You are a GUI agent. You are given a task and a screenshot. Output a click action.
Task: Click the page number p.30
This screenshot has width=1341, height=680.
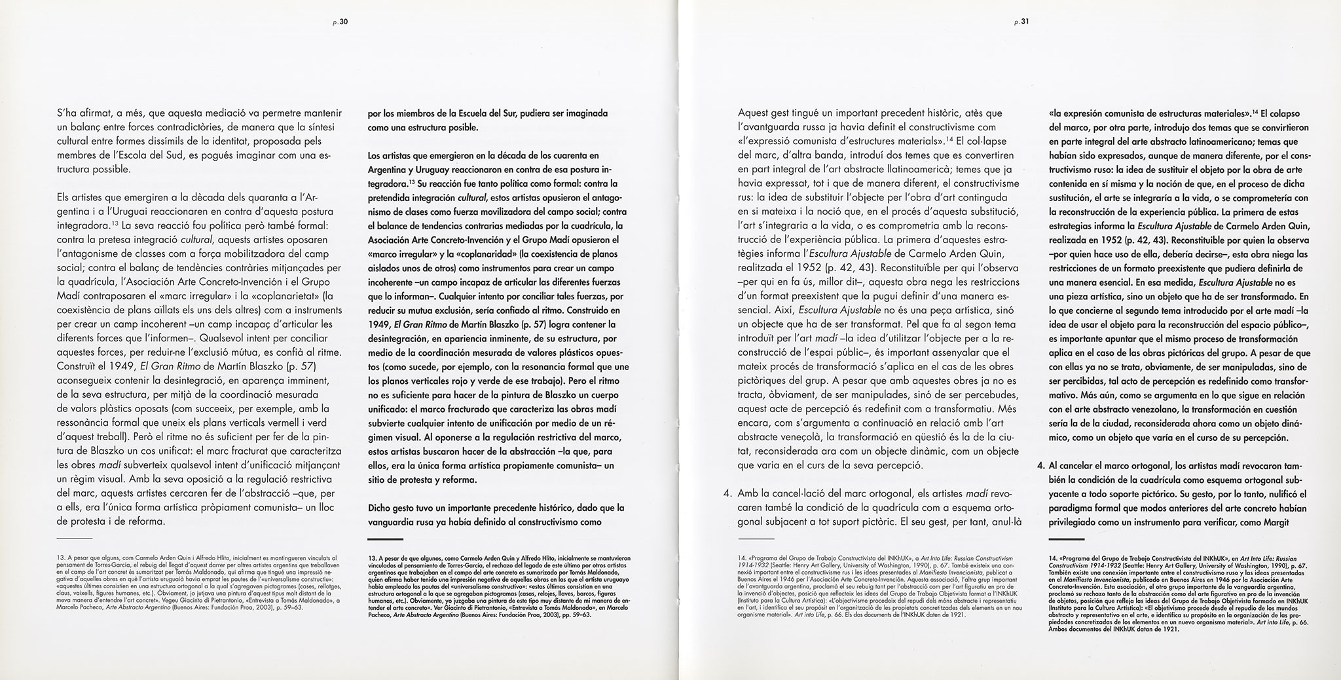[x=342, y=21]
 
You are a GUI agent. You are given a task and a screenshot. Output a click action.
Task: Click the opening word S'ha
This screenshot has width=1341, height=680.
[x=69, y=113]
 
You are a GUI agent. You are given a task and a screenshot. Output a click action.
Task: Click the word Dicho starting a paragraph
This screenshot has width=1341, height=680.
[x=380, y=508]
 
